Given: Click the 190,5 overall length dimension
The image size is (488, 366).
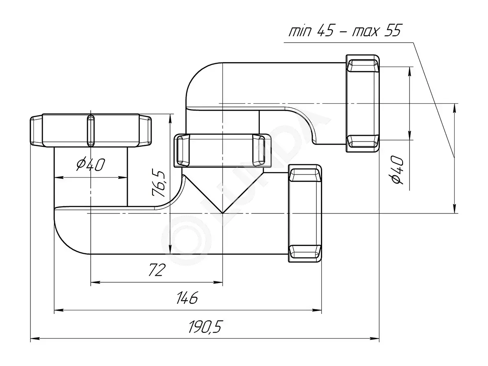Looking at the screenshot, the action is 205,327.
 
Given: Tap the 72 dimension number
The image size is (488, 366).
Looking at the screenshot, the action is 157,270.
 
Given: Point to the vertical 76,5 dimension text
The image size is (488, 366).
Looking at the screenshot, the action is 159,183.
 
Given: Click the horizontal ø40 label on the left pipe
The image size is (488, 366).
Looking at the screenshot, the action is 90,164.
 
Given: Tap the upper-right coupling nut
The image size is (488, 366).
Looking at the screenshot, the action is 362,103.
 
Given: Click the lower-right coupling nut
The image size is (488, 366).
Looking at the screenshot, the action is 305,213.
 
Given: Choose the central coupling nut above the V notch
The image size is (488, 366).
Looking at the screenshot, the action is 222,150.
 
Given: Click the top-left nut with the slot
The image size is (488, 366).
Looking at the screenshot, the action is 91,131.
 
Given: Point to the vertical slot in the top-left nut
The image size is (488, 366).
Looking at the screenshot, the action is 91,131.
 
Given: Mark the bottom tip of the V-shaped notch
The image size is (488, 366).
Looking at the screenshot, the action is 222,213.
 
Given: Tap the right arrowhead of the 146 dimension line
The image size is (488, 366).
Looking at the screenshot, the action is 317,310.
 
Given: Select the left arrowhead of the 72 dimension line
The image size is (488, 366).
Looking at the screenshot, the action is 95,282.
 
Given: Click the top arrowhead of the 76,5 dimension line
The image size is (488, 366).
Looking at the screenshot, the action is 170,118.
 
